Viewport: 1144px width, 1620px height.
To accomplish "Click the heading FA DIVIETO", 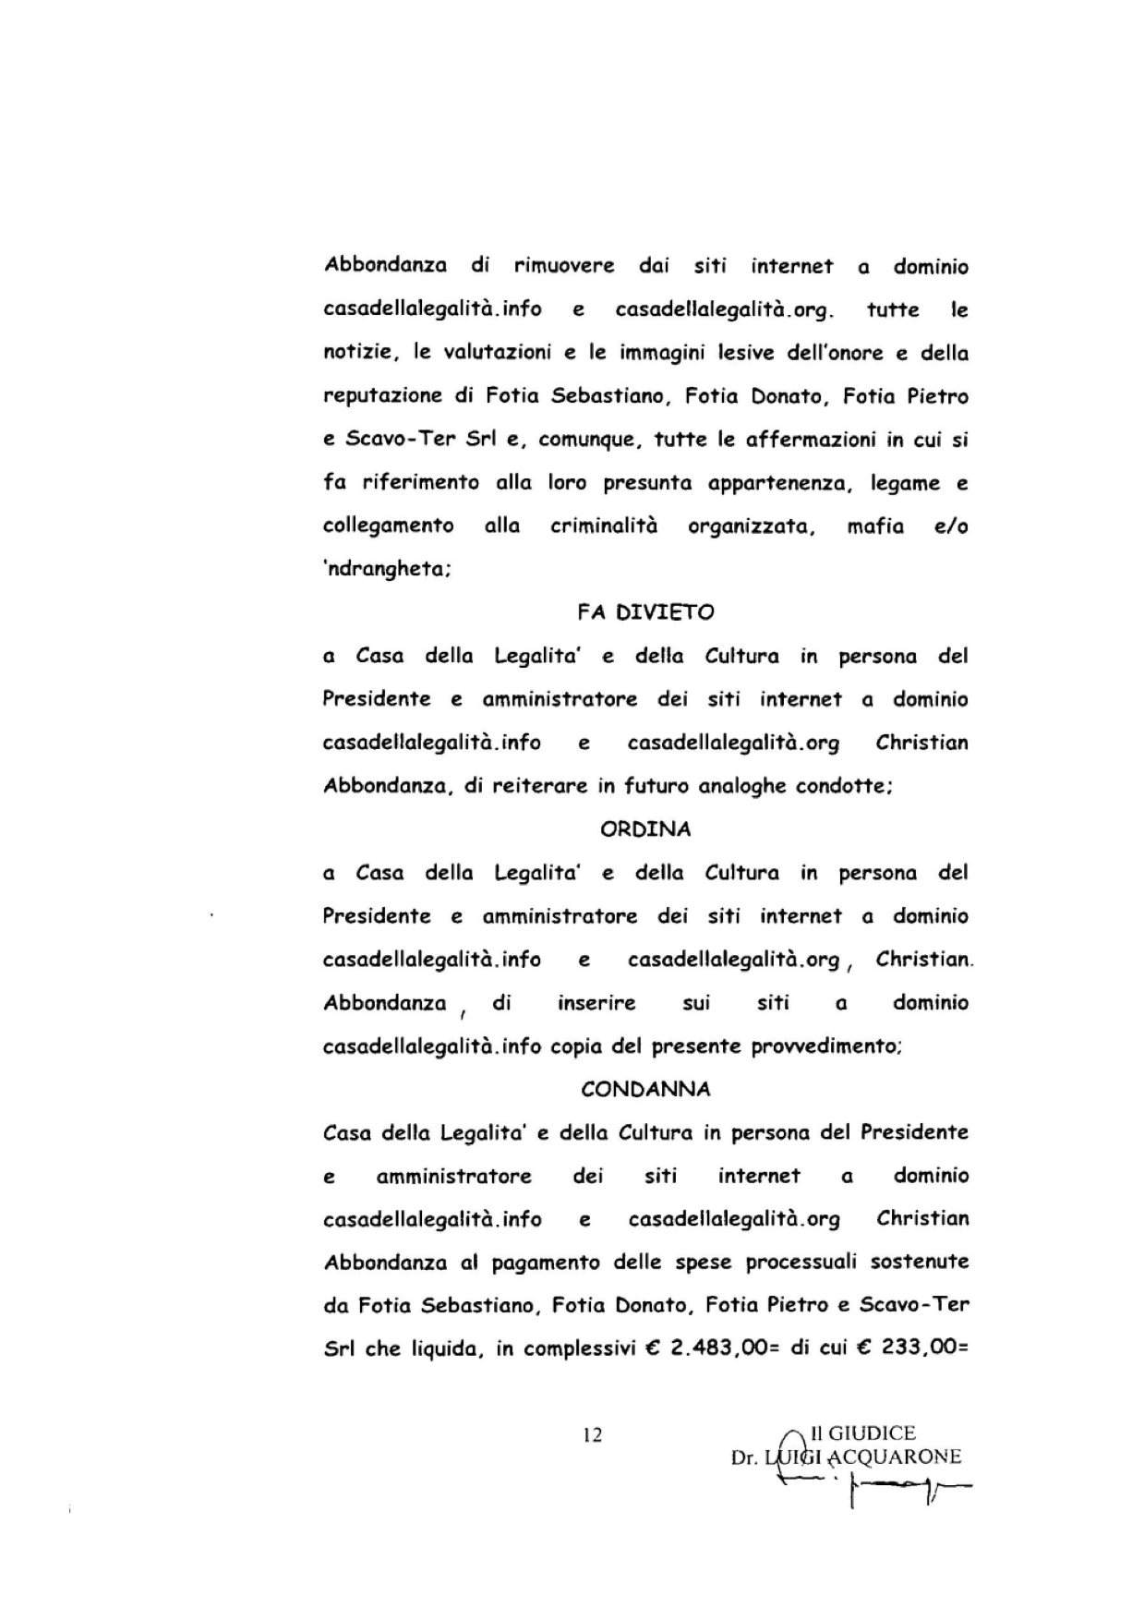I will (645, 612).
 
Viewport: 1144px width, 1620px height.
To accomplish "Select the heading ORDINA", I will (645, 829).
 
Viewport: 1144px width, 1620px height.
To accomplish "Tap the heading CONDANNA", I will (645, 1090).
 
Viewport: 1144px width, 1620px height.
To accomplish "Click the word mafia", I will (874, 526).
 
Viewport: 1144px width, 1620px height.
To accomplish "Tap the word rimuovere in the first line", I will (564, 267).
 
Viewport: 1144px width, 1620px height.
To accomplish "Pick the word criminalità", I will (604, 526).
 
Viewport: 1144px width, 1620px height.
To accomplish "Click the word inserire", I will (596, 1003).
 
